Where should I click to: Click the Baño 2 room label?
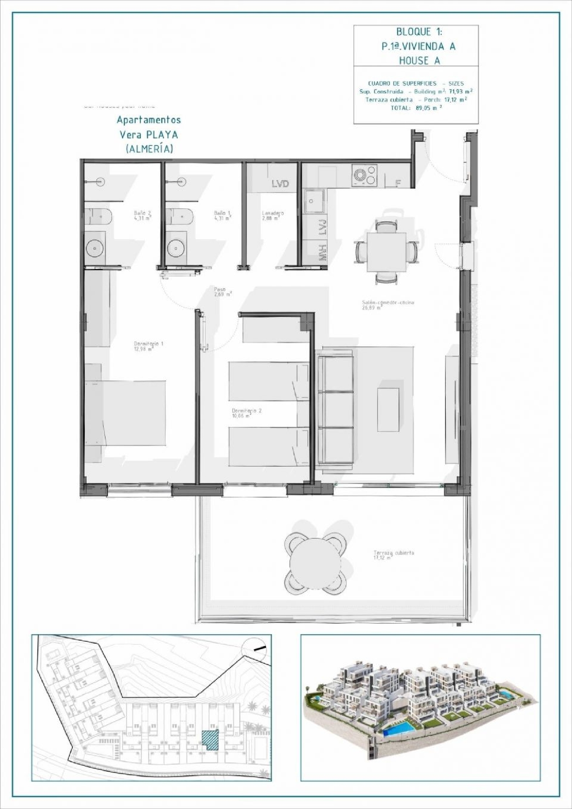(x=142, y=215)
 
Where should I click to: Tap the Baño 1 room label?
(x=222, y=215)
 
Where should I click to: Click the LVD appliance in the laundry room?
(x=280, y=184)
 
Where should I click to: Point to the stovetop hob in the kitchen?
(x=365, y=175)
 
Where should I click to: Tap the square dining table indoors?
(x=386, y=252)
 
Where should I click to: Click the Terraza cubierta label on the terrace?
(x=394, y=555)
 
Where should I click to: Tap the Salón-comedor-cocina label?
(x=388, y=305)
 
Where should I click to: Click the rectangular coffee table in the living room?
(x=388, y=409)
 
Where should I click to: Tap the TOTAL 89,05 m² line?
(x=416, y=108)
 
